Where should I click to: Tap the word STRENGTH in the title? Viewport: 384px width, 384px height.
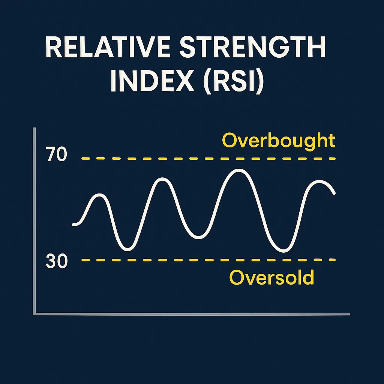pyautogui.click(x=253, y=47)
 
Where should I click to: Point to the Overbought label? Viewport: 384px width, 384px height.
pyautogui.click(x=279, y=141)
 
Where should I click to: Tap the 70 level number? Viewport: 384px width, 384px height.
pyautogui.click(x=56, y=154)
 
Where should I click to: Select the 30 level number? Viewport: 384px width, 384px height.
pyautogui.click(x=57, y=261)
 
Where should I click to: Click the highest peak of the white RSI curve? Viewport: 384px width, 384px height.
pyautogui.click(x=238, y=171)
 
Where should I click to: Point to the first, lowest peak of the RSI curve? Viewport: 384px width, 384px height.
pyautogui.click(x=99, y=195)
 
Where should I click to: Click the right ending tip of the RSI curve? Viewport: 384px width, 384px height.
pyautogui.click(x=334, y=193)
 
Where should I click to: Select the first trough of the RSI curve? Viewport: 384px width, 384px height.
pyautogui.click(x=128, y=249)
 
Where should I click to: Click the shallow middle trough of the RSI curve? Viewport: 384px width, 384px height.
pyautogui.click(x=198, y=237)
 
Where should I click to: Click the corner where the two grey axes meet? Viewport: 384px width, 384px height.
pyautogui.click(x=34, y=314)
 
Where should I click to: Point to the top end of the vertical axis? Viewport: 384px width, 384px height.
pyautogui.click(x=34, y=128)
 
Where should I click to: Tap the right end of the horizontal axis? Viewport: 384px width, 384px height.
pyautogui.click(x=349, y=314)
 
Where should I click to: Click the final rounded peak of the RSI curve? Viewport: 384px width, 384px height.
pyautogui.click(x=319, y=182)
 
